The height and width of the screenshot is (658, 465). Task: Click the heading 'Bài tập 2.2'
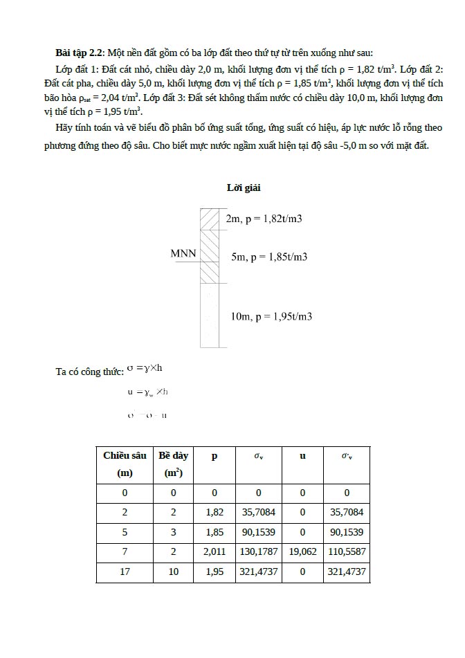click(79, 53)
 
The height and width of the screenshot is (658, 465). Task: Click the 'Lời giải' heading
click(244, 188)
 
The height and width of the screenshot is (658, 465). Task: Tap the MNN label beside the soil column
click(183, 253)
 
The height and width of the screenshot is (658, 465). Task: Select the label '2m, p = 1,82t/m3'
click(264, 219)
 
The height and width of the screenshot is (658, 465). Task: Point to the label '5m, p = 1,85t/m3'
click(269, 257)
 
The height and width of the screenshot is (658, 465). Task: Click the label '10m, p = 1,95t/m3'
click(271, 316)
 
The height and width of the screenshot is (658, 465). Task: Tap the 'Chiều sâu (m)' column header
click(125, 464)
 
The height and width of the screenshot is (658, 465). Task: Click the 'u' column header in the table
click(302, 456)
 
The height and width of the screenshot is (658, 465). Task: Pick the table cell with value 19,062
click(302, 552)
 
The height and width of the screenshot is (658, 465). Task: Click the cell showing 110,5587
click(347, 552)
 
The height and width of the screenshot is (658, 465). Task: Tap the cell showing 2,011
click(215, 552)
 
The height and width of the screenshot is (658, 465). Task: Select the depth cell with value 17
click(125, 572)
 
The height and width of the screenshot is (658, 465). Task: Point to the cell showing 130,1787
click(259, 552)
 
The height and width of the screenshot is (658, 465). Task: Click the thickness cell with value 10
click(173, 572)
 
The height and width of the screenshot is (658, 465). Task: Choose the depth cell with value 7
click(125, 552)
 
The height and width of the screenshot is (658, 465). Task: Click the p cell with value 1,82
click(215, 513)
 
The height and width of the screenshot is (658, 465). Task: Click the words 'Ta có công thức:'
click(89, 372)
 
